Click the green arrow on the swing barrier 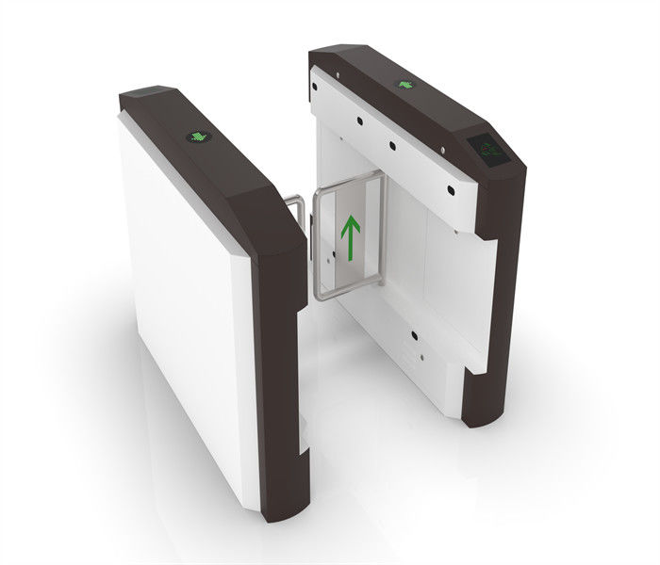pos(350,239)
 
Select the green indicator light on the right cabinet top pos(406,85)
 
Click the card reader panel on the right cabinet pos(487,148)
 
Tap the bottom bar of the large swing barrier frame pos(350,291)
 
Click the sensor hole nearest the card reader pos(452,187)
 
